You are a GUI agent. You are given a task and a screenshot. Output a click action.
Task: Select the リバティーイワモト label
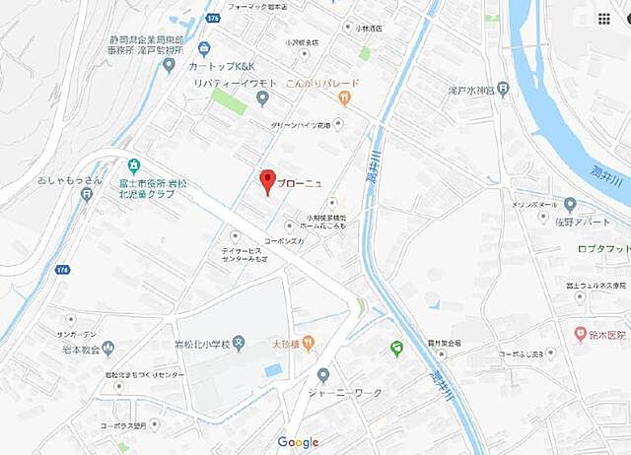pos(222,85)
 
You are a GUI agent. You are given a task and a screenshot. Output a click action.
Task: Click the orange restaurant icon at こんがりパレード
pos(343,97)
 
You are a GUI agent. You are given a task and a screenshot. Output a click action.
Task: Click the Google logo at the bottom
pos(298,442)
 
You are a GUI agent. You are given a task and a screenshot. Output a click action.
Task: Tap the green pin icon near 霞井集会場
pos(397,348)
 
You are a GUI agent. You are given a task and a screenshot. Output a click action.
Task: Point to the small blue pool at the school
pos(273,370)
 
